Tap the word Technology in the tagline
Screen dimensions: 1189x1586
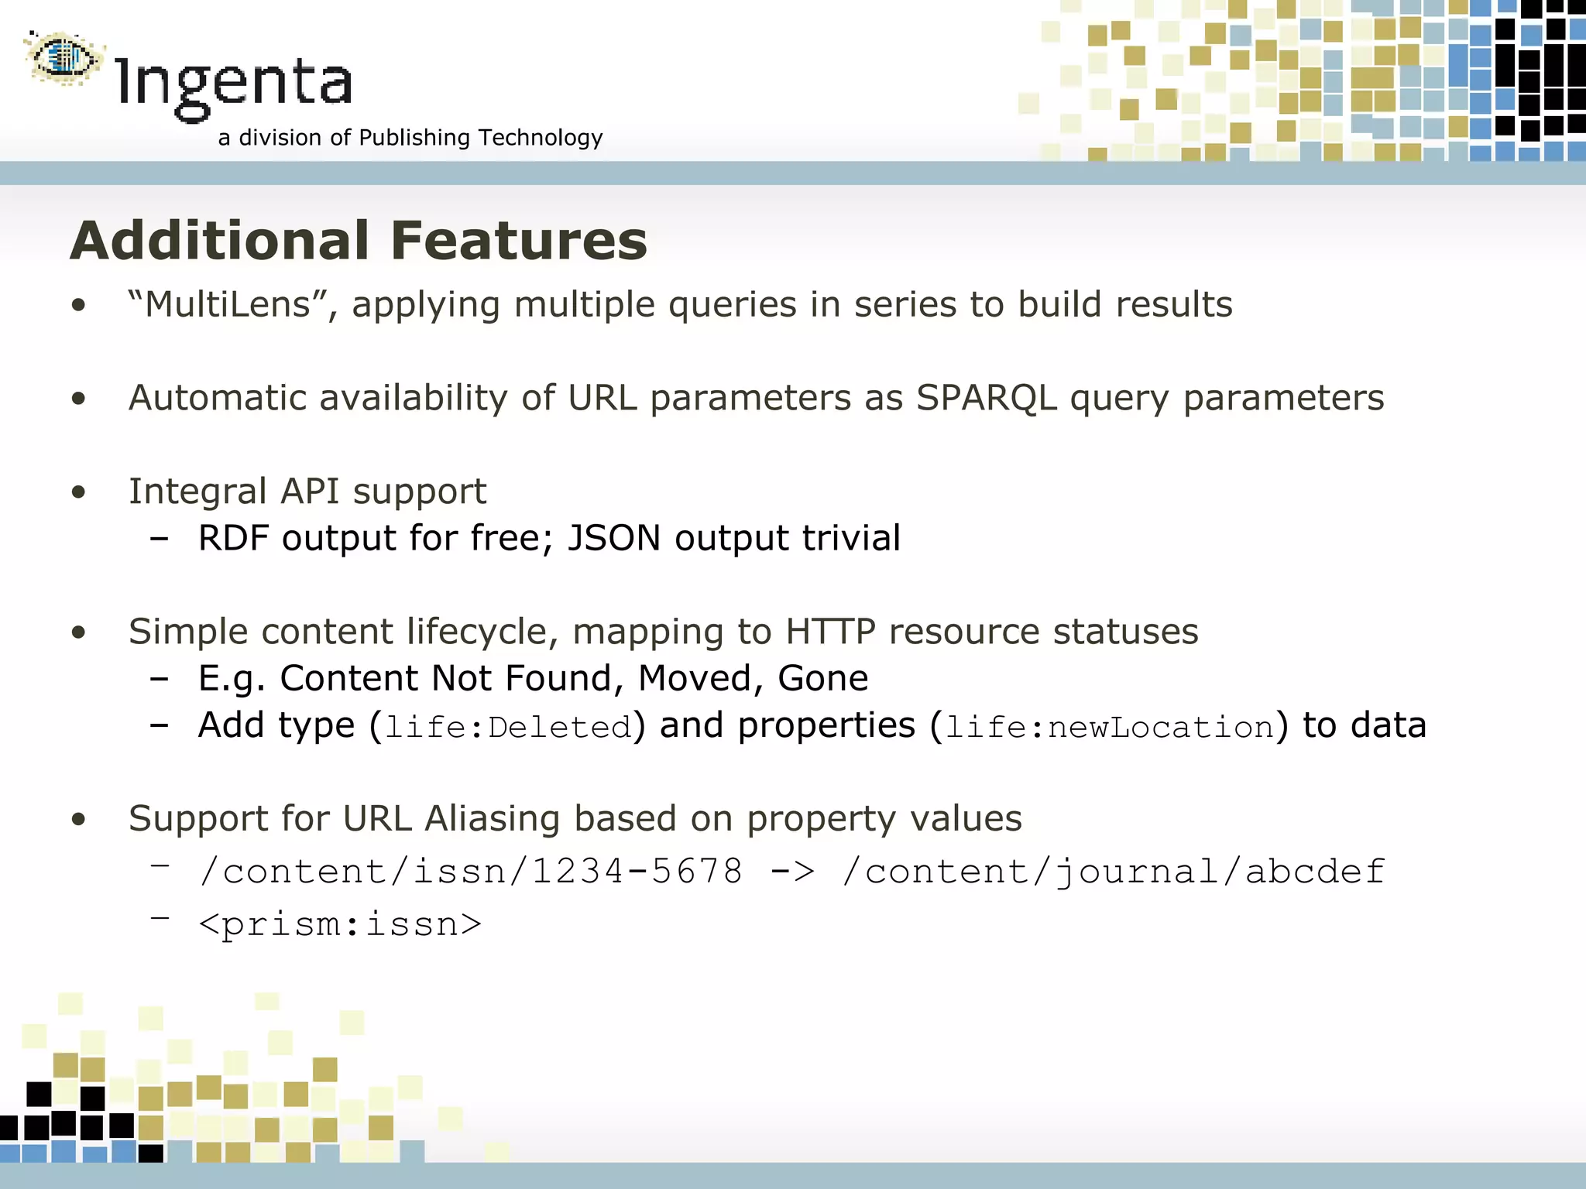[540, 138]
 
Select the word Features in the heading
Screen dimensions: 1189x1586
[519, 241]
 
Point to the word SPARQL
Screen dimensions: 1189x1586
[986, 399]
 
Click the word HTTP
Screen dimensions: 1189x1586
[830, 632]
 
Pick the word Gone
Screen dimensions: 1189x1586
[822, 679]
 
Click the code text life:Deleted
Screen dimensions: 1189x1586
[508, 728]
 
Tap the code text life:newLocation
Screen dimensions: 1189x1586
[1110, 728]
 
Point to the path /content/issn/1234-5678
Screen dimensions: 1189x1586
[471, 872]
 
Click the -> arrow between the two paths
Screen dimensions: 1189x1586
[792, 872]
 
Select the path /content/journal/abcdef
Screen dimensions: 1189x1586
[1113, 872]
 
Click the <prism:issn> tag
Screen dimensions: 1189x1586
[340, 924]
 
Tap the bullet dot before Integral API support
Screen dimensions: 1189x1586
[78, 492]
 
